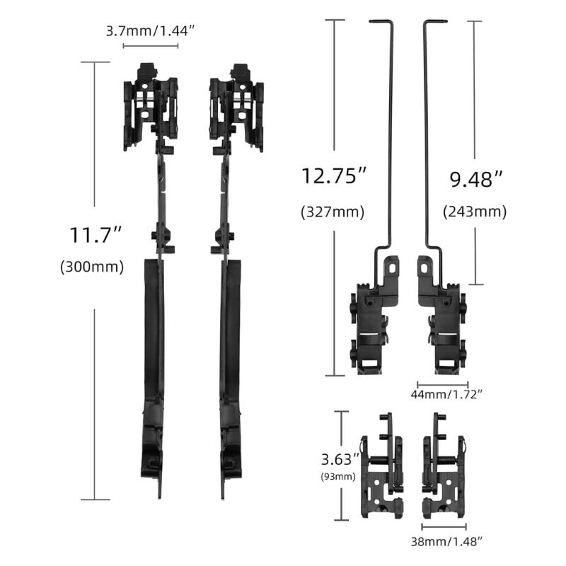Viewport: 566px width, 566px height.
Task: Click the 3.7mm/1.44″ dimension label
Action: pyautogui.click(x=150, y=31)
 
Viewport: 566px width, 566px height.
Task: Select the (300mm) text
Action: pyautogui.click(x=92, y=267)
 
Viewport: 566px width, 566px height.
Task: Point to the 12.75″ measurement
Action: pyautogui.click(x=333, y=175)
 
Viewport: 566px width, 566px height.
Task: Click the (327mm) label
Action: pyautogui.click(x=333, y=212)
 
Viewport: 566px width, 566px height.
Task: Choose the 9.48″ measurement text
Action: pyautogui.click(x=475, y=179)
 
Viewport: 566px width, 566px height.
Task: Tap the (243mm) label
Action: pyautogui.click(x=475, y=212)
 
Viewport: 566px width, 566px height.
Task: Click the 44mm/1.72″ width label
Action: pyautogui.click(x=446, y=394)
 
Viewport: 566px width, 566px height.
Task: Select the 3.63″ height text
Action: pyautogui.click(x=340, y=459)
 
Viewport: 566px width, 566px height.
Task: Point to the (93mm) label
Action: pyautogui.click(x=338, y=476)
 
